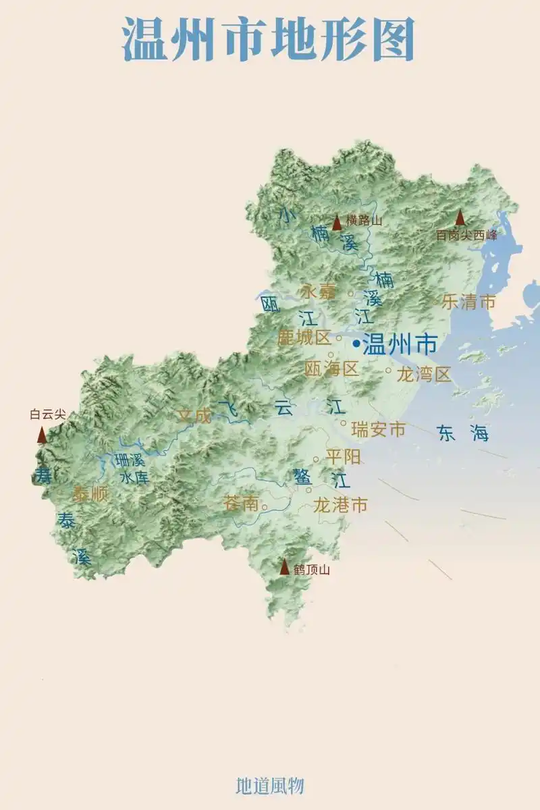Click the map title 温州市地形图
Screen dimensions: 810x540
[x=269, y=39]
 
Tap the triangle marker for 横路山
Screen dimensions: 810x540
[x=337, y=223]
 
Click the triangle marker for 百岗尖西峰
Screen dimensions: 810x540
[x=460, y=217]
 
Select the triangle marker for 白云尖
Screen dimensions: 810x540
[x=42, y=435]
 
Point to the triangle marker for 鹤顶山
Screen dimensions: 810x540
[x=285, y=567]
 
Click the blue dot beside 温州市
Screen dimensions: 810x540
[x=356, y=344]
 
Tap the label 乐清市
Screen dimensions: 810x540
[x=468, y=302]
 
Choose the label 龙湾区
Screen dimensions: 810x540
[x=424, y=375]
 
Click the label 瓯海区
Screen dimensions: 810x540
[x=331, y=369]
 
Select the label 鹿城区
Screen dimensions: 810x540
[x=304, y=337]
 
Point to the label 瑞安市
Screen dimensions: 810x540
[x=379, y=428]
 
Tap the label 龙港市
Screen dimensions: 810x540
[x=341, y=504]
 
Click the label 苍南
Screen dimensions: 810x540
[x=241, y=503]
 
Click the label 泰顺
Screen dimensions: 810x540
[x=90, y=493]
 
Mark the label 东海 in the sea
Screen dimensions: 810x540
[x=462, y=433]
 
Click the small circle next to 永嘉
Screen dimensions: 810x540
[x=350, y=294]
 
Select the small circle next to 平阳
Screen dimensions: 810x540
[x=316, y=460]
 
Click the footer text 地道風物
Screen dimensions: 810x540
[x=270, y=786]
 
